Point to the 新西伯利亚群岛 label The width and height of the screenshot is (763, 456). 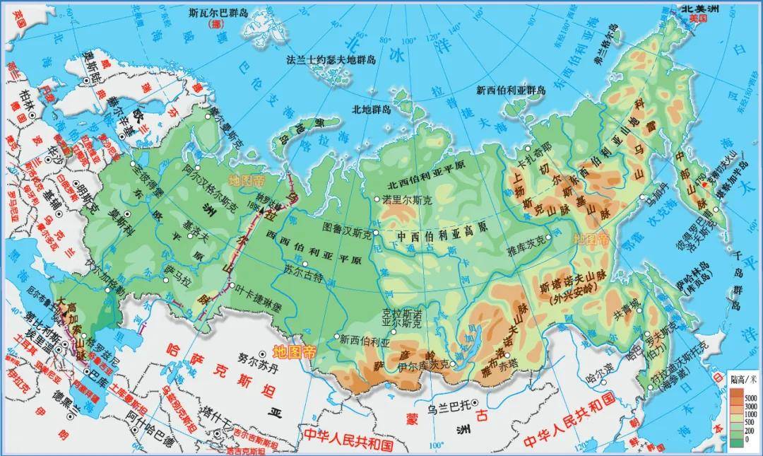511,90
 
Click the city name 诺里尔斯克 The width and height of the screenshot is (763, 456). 408,199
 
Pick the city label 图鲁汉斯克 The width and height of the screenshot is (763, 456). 346,229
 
